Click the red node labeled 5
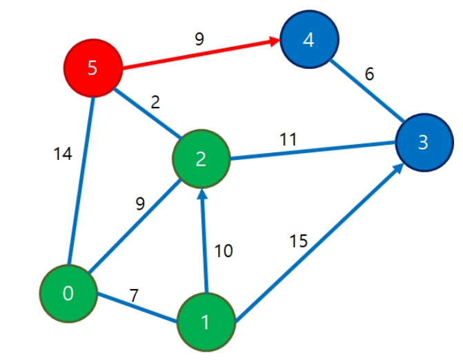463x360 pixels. click(x=92, y=68)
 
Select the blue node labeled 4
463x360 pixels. click(x=308, y=40)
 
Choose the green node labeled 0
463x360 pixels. click(x=68, y=293)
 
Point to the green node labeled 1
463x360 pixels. click(x=205, y=321)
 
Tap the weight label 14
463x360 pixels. click(x=62, y=155)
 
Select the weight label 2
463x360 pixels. click(x=155, y=103)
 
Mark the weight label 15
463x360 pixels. click(x=298, y=241)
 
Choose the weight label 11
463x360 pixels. click(x=288, y=139)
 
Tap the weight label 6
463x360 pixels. click(x=370, y=74)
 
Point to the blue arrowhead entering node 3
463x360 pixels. click(x=400, y=166)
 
